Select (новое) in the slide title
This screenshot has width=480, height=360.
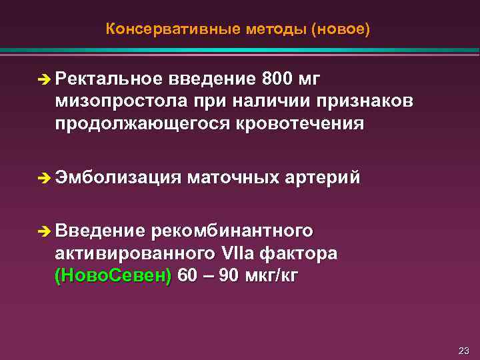[341, 30]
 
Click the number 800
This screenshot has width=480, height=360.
[277, 80]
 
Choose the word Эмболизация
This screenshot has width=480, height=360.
[118, 177]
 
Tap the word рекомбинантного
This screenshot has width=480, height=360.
[232, 231]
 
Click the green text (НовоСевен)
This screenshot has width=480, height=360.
[113, 275]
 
